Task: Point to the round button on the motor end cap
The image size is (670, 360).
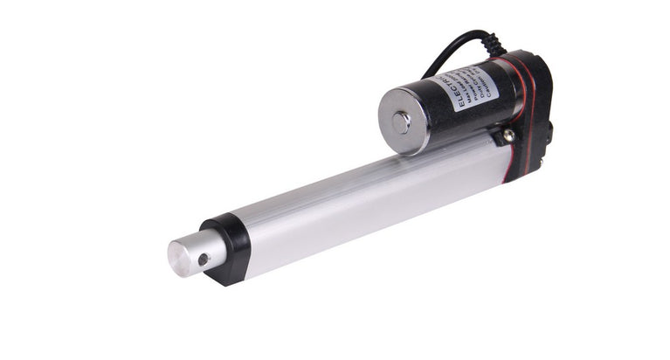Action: pos(401,122)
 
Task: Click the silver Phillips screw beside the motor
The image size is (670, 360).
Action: pos(508,135)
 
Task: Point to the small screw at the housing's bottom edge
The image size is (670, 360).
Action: pos(542,163)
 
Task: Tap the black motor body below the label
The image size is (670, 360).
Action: pos(472,122)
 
